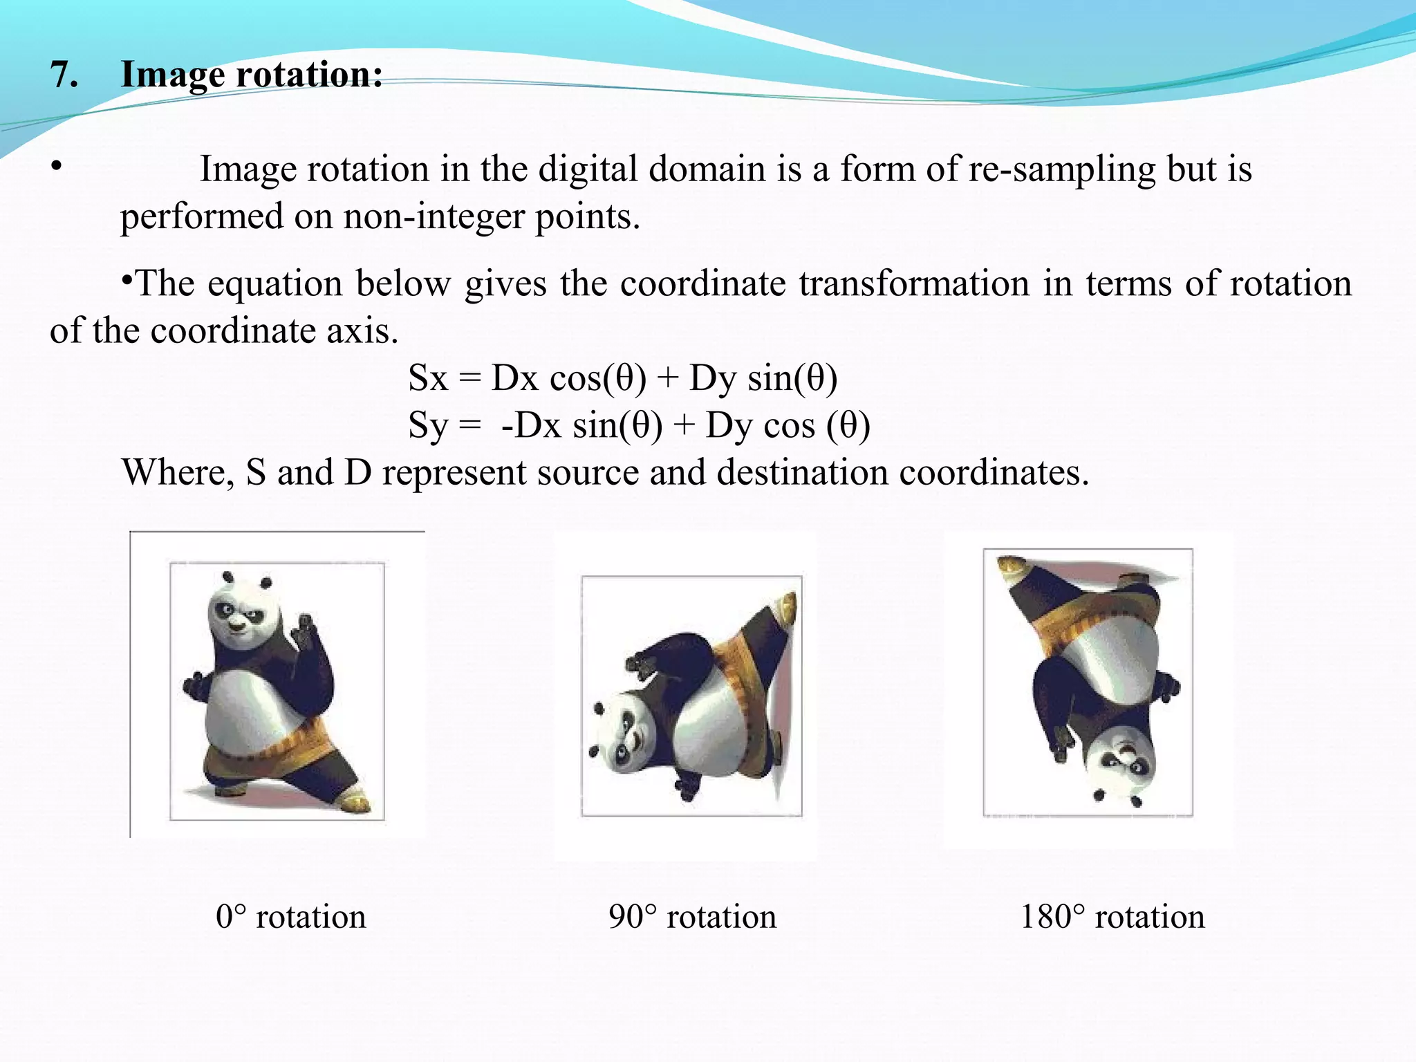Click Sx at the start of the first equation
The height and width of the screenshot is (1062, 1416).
click(x=428, y=378)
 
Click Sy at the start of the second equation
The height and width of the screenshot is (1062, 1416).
click(x=428, y=426)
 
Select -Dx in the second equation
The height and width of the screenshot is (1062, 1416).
click(x=531, y=425)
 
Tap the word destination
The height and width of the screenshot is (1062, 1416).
click(x=802, y=473)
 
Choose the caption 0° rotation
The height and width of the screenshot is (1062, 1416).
click(x=290, y=917)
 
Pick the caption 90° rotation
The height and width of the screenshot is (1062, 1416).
click(x=692, y=917)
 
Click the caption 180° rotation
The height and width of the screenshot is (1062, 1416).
click(x=1112, y=917)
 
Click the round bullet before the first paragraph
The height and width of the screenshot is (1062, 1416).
click(x=56, y=167)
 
